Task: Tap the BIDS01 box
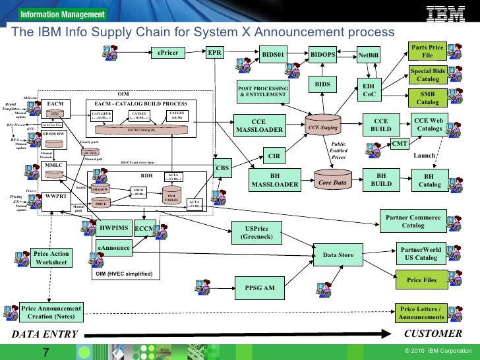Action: point(273,54)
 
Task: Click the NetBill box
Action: point(369,55)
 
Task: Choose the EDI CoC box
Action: point(369,90)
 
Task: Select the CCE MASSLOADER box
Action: point(259,125)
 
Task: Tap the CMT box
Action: point(400,143)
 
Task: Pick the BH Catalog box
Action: point(429,181)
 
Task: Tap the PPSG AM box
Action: point(260,287)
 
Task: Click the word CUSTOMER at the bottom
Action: point(433,333)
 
